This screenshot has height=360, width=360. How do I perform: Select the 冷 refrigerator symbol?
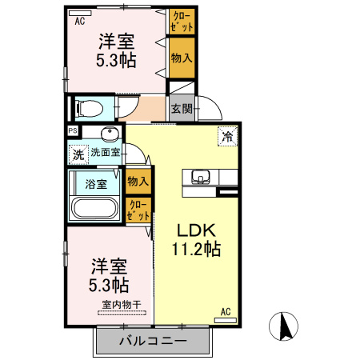click(x=227, y=137)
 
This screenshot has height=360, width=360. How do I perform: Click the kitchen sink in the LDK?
click(x=200, y=176)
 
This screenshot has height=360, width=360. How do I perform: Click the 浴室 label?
click(x=95, y=182)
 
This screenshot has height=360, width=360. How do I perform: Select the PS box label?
click(x=73, y=131)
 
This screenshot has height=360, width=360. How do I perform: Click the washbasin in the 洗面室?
click(x=111, y=134)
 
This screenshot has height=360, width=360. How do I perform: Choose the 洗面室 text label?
click(x=105, y=152)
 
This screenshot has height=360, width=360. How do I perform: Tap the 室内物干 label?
click(x=122, y=305)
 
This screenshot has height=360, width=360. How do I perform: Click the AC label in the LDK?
click(x=226, y=311)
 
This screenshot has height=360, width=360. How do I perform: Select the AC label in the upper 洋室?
click(x=80, y=22)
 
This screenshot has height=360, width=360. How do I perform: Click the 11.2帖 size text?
click(x=195, y=248)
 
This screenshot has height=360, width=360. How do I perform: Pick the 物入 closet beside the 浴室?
click(x=138, y=181)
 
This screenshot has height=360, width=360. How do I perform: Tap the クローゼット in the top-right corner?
click(x=180, y=22)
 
